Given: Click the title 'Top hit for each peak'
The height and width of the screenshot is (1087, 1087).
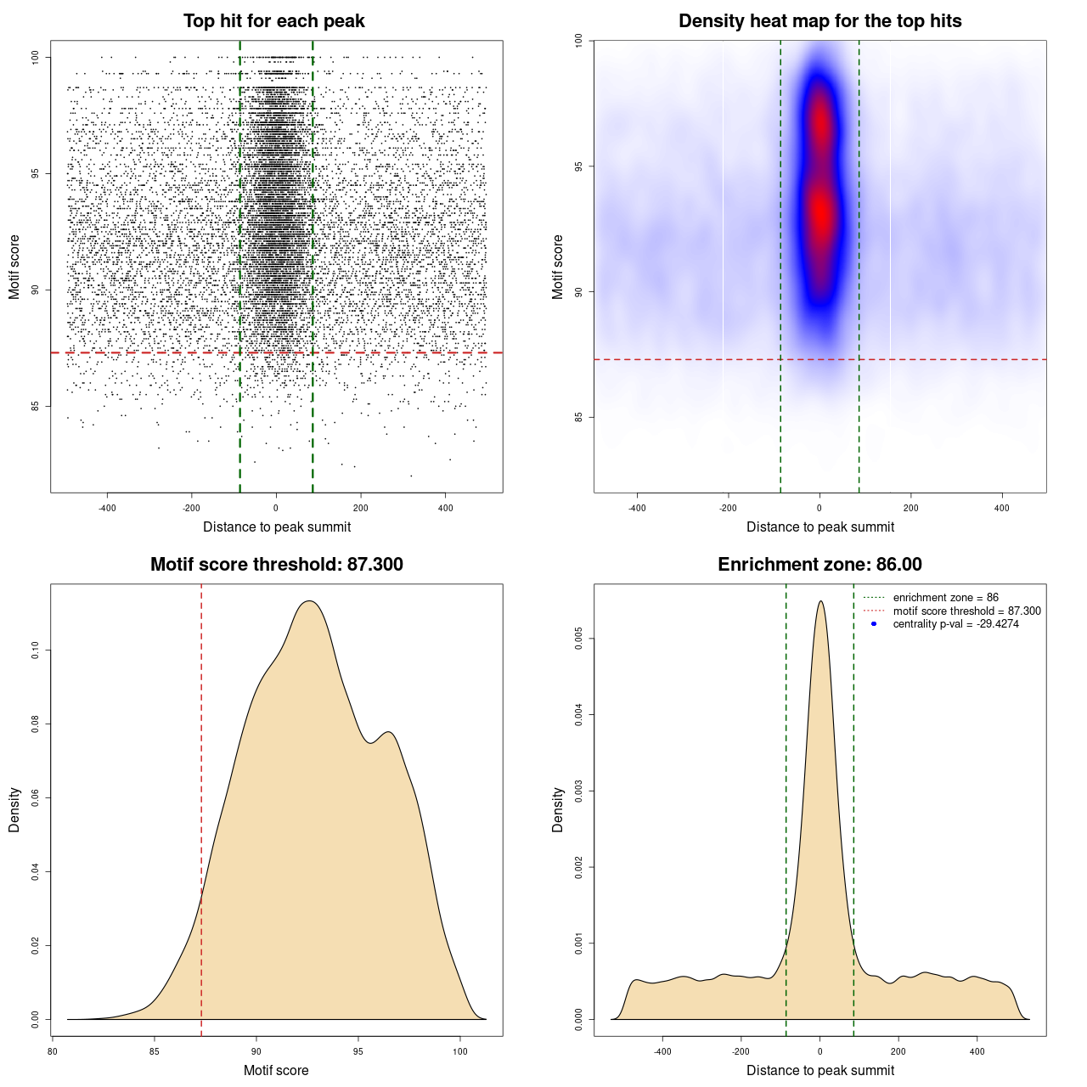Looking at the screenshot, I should [x=274, y=21].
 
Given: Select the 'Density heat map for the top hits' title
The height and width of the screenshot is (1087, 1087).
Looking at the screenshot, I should [x=819, y=21].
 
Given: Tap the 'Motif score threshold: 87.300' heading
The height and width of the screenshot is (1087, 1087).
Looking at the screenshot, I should [x=276, y=565].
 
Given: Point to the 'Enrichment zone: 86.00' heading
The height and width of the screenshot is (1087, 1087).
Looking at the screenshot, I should [x=819, y=565].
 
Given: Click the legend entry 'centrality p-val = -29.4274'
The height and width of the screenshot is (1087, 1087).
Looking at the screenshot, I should [x=955, y=624].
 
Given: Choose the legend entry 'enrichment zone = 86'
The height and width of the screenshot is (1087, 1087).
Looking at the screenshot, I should [x=945, y=598].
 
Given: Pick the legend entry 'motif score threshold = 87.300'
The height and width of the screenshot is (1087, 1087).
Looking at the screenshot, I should [x=966, y=611].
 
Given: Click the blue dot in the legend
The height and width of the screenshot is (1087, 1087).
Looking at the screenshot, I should [x=874, y=624].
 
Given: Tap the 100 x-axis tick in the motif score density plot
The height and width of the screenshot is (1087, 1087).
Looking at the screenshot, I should [x=460, y=1051].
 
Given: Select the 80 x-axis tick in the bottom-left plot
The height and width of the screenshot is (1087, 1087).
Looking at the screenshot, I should [x=53, y=1051].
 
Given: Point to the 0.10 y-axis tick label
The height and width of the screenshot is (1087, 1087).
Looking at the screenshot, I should [x=35, y=651].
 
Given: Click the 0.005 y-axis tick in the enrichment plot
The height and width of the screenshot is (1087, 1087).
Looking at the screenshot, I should [x=578, y=639].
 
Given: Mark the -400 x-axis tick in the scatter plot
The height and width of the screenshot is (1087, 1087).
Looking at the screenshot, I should [x=107, y=508].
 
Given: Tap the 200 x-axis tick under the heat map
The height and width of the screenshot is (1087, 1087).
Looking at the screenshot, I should [x=911, y=508].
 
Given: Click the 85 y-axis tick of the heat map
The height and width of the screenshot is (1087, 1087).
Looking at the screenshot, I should [x=578, y=417].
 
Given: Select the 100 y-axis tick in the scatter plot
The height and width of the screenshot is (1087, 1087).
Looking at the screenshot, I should [x=35, y=57].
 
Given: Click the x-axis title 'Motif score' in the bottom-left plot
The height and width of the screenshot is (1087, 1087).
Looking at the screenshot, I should [x=276, y=1070].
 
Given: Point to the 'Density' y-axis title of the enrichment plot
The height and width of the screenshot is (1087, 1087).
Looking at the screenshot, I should [x=557, y=809].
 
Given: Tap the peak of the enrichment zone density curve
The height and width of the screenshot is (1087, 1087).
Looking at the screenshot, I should [x=820, y=601].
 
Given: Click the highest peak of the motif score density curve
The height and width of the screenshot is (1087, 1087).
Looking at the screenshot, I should [x=310, y=601].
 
